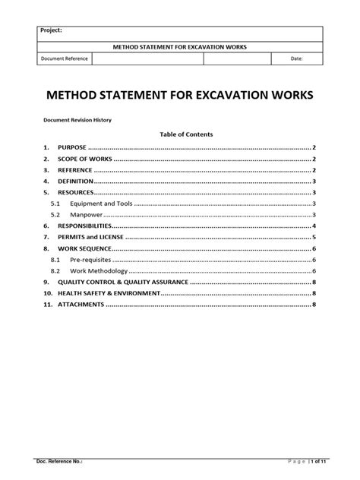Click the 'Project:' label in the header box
(52, 31)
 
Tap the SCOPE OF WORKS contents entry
(84, 159)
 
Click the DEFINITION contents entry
(75, 182)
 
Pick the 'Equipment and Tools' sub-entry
(101, 204)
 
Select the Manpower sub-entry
(87, 216)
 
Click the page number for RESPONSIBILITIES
(314, 226)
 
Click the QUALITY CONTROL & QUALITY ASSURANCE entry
(122, 283)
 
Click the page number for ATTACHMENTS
(314, 305)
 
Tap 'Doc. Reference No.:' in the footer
(59, 460)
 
